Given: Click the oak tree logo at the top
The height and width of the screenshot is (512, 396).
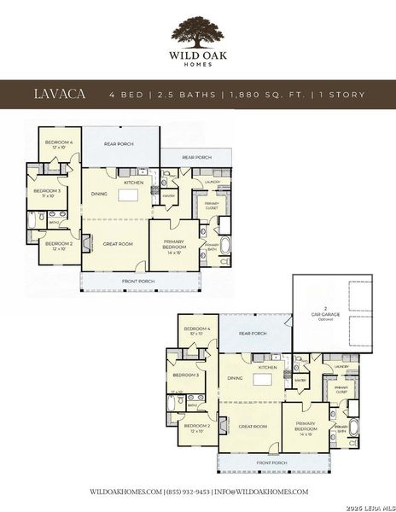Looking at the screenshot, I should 198,34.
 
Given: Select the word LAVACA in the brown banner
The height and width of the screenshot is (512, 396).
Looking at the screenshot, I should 59,92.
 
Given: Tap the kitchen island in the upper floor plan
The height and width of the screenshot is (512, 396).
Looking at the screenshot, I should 127,195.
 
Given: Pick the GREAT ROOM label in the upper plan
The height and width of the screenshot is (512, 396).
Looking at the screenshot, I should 119,244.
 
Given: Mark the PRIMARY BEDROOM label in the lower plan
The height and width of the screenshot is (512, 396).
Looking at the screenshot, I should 307,425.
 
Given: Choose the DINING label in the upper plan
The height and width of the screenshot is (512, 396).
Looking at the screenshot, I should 100,195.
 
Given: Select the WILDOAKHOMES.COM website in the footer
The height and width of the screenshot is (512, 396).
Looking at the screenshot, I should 125,492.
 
